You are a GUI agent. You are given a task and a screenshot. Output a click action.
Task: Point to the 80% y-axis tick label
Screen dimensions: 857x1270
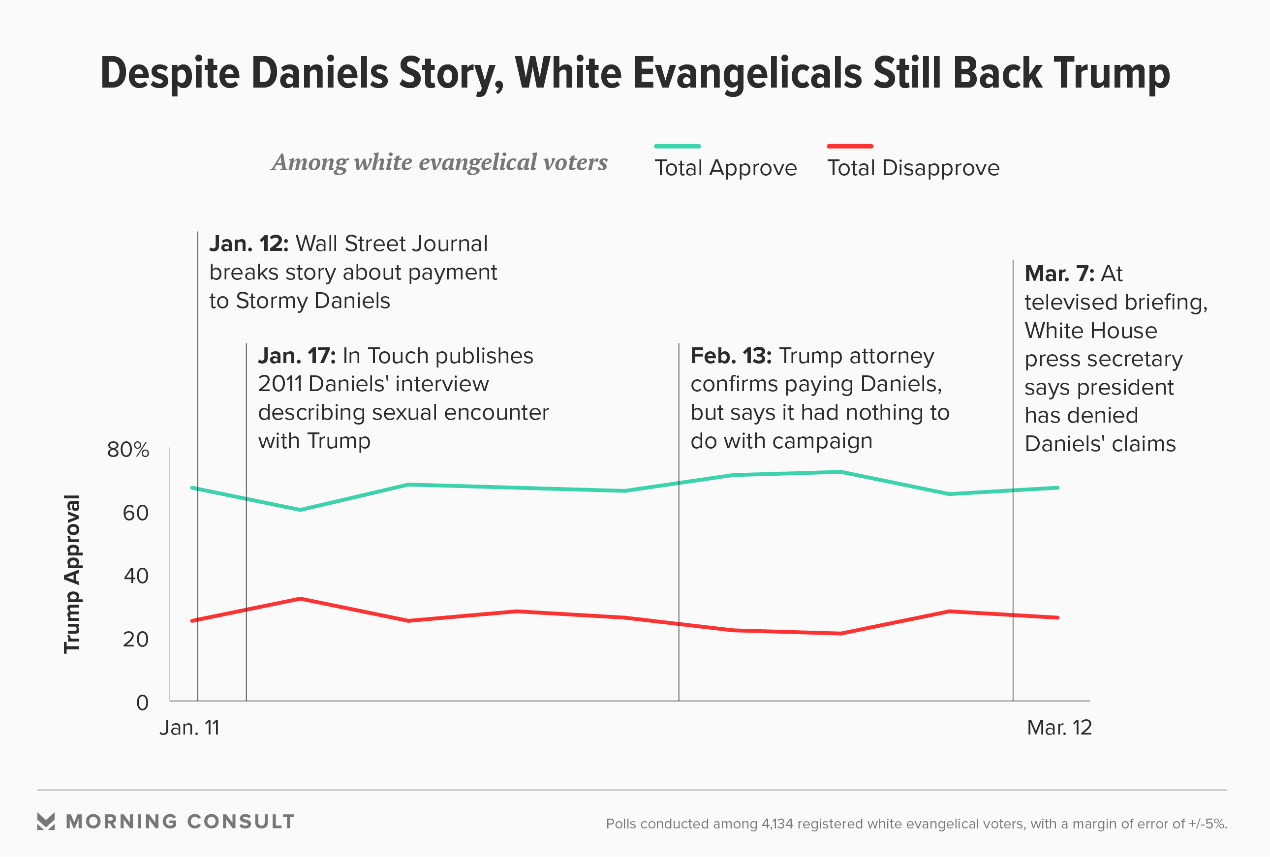[x=128, y=450]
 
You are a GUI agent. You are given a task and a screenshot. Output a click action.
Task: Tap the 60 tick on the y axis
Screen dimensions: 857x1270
[x=135, y=514]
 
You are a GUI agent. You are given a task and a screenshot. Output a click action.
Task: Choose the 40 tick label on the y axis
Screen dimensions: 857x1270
[x=135, y=576]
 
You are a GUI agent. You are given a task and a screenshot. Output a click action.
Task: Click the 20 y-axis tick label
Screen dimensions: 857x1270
[x=135, y=640]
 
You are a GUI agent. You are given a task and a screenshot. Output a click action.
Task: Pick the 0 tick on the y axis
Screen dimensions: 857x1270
[x=142, y=703]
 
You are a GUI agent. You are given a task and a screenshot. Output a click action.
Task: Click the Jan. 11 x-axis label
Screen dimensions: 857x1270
[x=189, y=728]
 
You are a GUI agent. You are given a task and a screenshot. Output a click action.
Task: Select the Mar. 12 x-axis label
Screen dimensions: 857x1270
[x=1059, y=728]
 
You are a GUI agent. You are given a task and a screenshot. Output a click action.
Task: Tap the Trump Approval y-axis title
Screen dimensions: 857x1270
[x=72, y=574]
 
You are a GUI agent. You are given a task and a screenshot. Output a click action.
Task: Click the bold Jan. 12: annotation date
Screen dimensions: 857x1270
[x=248, y=244]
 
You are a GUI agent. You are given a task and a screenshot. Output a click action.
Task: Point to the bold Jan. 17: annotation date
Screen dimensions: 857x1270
[x=297, y=356]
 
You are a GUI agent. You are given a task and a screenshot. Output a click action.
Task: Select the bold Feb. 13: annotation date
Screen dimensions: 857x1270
[x=731, y=356]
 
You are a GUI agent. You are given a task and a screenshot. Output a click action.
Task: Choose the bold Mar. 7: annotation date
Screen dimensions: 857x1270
[x=1059, y=274]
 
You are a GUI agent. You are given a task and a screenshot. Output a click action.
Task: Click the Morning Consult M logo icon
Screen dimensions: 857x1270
[x=46, y=822]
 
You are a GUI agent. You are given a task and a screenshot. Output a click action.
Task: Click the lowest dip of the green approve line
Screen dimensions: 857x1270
[x=300, y=510]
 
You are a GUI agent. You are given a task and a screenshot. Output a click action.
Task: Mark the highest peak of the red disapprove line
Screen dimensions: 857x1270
[x=300, y=599]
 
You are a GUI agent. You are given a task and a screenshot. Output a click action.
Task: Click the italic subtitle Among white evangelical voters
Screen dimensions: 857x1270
[x=439, y=162]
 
